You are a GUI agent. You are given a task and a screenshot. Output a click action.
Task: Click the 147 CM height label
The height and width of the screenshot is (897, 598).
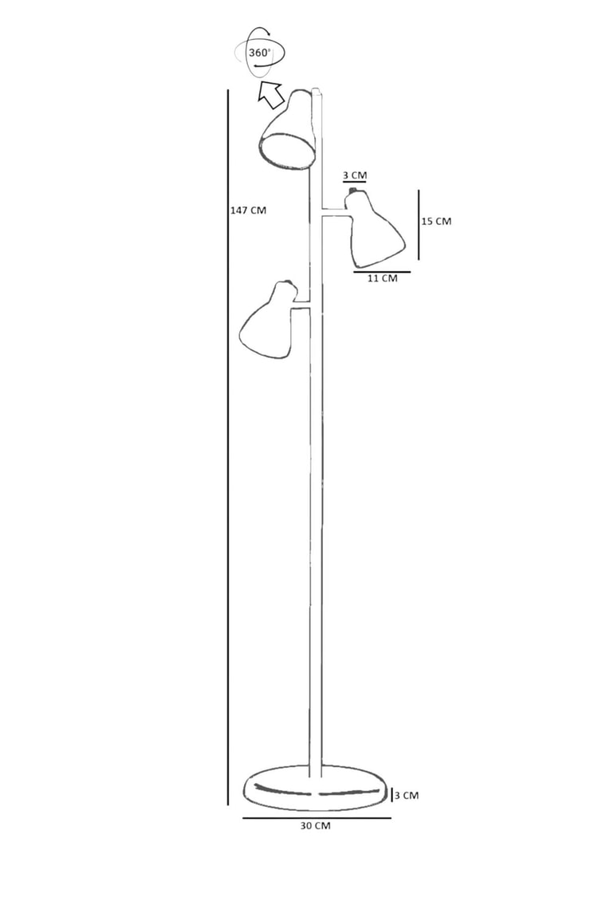[x=248, y=210]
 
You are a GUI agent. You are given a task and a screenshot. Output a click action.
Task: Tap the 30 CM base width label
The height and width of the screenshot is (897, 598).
[x=315, y=826]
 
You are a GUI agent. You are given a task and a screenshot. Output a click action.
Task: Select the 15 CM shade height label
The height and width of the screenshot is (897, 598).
[x=436, y=221]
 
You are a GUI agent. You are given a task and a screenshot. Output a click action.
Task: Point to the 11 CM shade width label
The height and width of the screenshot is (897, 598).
[x=382, y=278]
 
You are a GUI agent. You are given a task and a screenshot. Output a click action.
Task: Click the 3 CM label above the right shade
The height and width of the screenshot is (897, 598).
[x=355, y=175]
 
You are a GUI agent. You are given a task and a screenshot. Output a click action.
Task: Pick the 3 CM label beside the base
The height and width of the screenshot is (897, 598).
[x=407, y=795]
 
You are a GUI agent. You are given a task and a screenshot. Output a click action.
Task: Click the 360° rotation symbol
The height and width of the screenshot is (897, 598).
[x=259, y=53]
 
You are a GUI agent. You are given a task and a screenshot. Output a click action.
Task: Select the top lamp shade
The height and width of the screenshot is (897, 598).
[x=288, y=130]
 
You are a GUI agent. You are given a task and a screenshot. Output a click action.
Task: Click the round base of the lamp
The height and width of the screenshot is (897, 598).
[x=315, y=789]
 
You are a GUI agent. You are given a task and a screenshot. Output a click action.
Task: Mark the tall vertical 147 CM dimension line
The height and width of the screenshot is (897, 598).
[x=228, y=447]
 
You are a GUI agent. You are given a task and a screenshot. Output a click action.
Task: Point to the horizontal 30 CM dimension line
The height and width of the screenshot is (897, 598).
[x=317, y=818]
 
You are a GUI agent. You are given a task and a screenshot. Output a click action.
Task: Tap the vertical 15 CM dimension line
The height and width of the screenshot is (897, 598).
[x=419, y=225]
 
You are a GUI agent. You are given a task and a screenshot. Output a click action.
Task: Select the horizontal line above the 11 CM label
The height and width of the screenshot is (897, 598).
[x=382, y=272]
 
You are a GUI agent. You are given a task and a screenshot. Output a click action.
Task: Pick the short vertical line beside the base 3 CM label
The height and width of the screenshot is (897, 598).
[x=391, y=795]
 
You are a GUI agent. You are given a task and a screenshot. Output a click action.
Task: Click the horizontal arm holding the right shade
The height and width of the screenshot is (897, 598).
[x=335, y=212]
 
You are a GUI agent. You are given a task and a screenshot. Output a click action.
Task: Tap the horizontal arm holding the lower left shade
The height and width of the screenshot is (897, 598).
[x=301, y=305]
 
